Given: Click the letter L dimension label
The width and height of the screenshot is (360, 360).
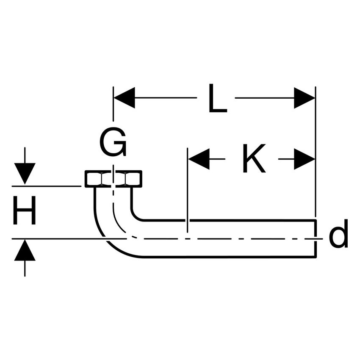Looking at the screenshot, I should point(217,99).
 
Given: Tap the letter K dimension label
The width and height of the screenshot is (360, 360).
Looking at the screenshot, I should point(254,159).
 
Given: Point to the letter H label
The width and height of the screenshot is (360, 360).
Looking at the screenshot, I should point(24,212).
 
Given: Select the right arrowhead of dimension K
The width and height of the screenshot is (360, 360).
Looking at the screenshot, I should point(304,159).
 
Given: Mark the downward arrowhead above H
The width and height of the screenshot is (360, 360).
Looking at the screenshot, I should point(25,174).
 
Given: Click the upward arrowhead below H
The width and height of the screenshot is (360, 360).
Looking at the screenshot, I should point(25,250).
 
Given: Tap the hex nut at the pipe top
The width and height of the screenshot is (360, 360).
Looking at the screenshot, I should point(114,179).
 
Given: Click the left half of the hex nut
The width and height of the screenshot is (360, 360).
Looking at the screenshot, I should point(99,179).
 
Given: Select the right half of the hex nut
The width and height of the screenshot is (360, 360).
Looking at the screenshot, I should point(128,179).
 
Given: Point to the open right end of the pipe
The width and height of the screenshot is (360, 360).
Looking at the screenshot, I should point(315,238).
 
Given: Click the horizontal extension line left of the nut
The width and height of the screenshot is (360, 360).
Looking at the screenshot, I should point(47,186).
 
